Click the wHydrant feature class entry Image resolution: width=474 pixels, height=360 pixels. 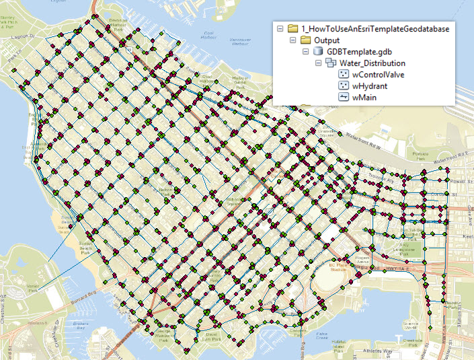point(370,85)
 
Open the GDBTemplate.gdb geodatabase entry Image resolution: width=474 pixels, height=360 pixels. point(360,51)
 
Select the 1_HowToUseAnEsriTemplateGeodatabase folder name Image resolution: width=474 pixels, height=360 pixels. point(374,28)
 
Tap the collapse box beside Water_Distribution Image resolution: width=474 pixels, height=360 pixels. point(318,63)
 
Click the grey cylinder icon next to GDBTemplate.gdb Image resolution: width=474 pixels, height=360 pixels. point(318,51)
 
